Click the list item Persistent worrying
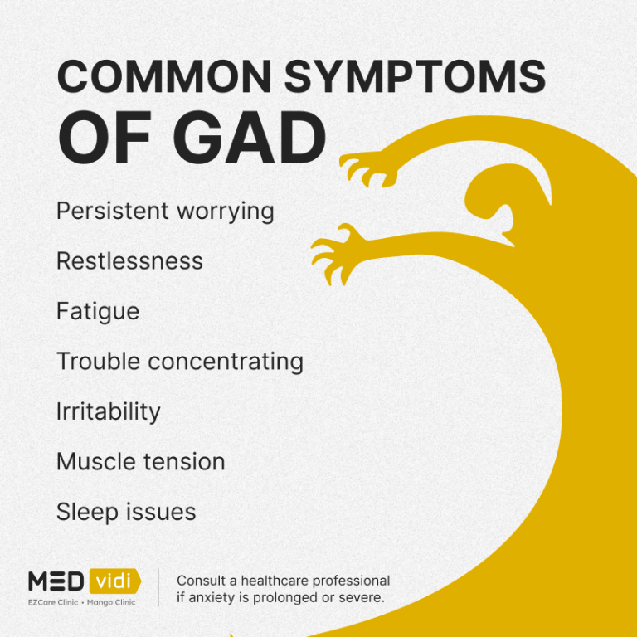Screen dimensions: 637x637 click(165, 211)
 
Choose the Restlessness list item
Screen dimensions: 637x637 click(129, 261)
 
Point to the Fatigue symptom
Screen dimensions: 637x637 click(98, 312)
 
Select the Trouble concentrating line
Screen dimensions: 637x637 click(180, 362)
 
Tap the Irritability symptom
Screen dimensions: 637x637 click(109, 411)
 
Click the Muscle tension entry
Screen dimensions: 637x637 click(141, 461)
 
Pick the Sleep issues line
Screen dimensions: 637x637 click(126, 512)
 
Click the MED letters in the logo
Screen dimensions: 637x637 click(56, 581)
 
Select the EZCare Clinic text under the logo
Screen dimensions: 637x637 click(53, 602)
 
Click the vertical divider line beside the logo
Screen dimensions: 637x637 click(158, 587)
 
